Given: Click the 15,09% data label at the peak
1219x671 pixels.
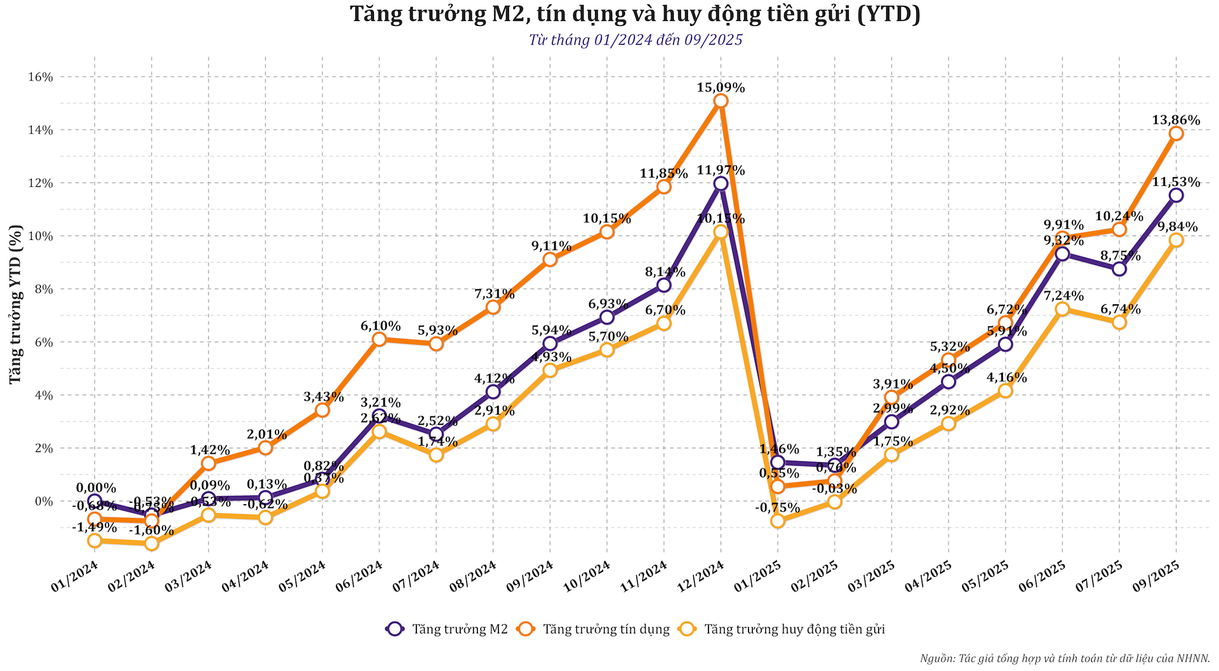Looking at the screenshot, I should point(721,88).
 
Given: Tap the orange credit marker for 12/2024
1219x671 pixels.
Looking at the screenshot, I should point(721,101).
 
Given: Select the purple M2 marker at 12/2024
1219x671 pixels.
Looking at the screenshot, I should point(721,183).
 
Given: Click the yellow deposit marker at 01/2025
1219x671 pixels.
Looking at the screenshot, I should point(778,521).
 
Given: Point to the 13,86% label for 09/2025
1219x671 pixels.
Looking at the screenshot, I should point(1176,120).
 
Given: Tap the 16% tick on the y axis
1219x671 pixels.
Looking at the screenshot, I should point(40,77).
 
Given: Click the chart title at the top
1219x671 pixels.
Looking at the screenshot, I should point(635,14).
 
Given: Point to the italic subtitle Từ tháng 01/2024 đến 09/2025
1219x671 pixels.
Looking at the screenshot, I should point(635,40).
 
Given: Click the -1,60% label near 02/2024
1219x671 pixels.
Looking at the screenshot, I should point(151,530).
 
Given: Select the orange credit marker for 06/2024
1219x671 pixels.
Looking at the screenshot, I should point(379,339).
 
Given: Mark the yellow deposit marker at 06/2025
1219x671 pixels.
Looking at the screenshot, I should point(1062,309).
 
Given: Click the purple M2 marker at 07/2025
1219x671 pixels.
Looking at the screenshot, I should point(1119,269).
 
